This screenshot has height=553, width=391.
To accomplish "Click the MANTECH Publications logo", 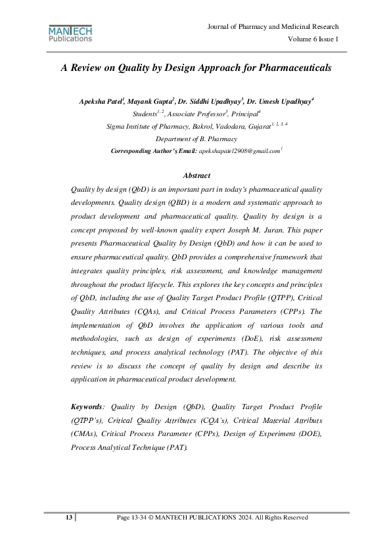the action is point(70,33).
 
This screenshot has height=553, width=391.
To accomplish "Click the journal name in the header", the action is point(273,27).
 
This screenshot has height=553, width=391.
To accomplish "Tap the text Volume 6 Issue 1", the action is point(313,39).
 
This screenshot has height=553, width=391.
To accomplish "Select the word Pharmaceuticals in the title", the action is point(293,68).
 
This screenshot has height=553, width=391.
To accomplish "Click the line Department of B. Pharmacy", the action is point(196,139).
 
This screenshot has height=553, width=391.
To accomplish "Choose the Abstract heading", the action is point(196,175).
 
